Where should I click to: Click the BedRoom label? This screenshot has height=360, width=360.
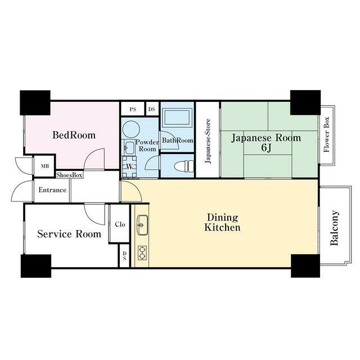(x=74, y=135)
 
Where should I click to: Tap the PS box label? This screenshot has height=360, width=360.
(x=133, y=109)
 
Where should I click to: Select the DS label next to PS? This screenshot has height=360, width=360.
(x=151, y=109)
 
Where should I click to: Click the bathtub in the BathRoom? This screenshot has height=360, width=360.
(x=177, y=118)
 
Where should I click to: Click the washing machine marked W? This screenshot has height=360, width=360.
(x=129, y=166)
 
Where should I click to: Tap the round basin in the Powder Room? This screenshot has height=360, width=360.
(x=131, y=129)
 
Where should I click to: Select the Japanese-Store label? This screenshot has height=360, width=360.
(x=208, y=141)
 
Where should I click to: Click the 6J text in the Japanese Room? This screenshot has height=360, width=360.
(x=266, y=148)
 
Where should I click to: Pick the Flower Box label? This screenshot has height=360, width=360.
(x=326, y=134)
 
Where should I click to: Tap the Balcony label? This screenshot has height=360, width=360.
(x=334, y=228)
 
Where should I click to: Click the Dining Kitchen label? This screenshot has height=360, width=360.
(x=223, y=222)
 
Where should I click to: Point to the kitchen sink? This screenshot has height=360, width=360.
(x=142, y=225)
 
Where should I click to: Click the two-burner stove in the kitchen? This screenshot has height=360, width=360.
(x=142, y=253)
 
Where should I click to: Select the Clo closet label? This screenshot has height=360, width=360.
(x=120, y=224)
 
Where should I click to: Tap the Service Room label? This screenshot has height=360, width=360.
(x=69, y=234)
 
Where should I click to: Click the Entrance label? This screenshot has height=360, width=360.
(x=52, y=190)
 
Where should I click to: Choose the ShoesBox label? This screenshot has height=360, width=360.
(x=69, y=175)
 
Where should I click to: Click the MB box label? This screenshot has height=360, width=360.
(x=45, y=166)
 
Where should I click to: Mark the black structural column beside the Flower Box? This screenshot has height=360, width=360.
(x=305, y=102)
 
